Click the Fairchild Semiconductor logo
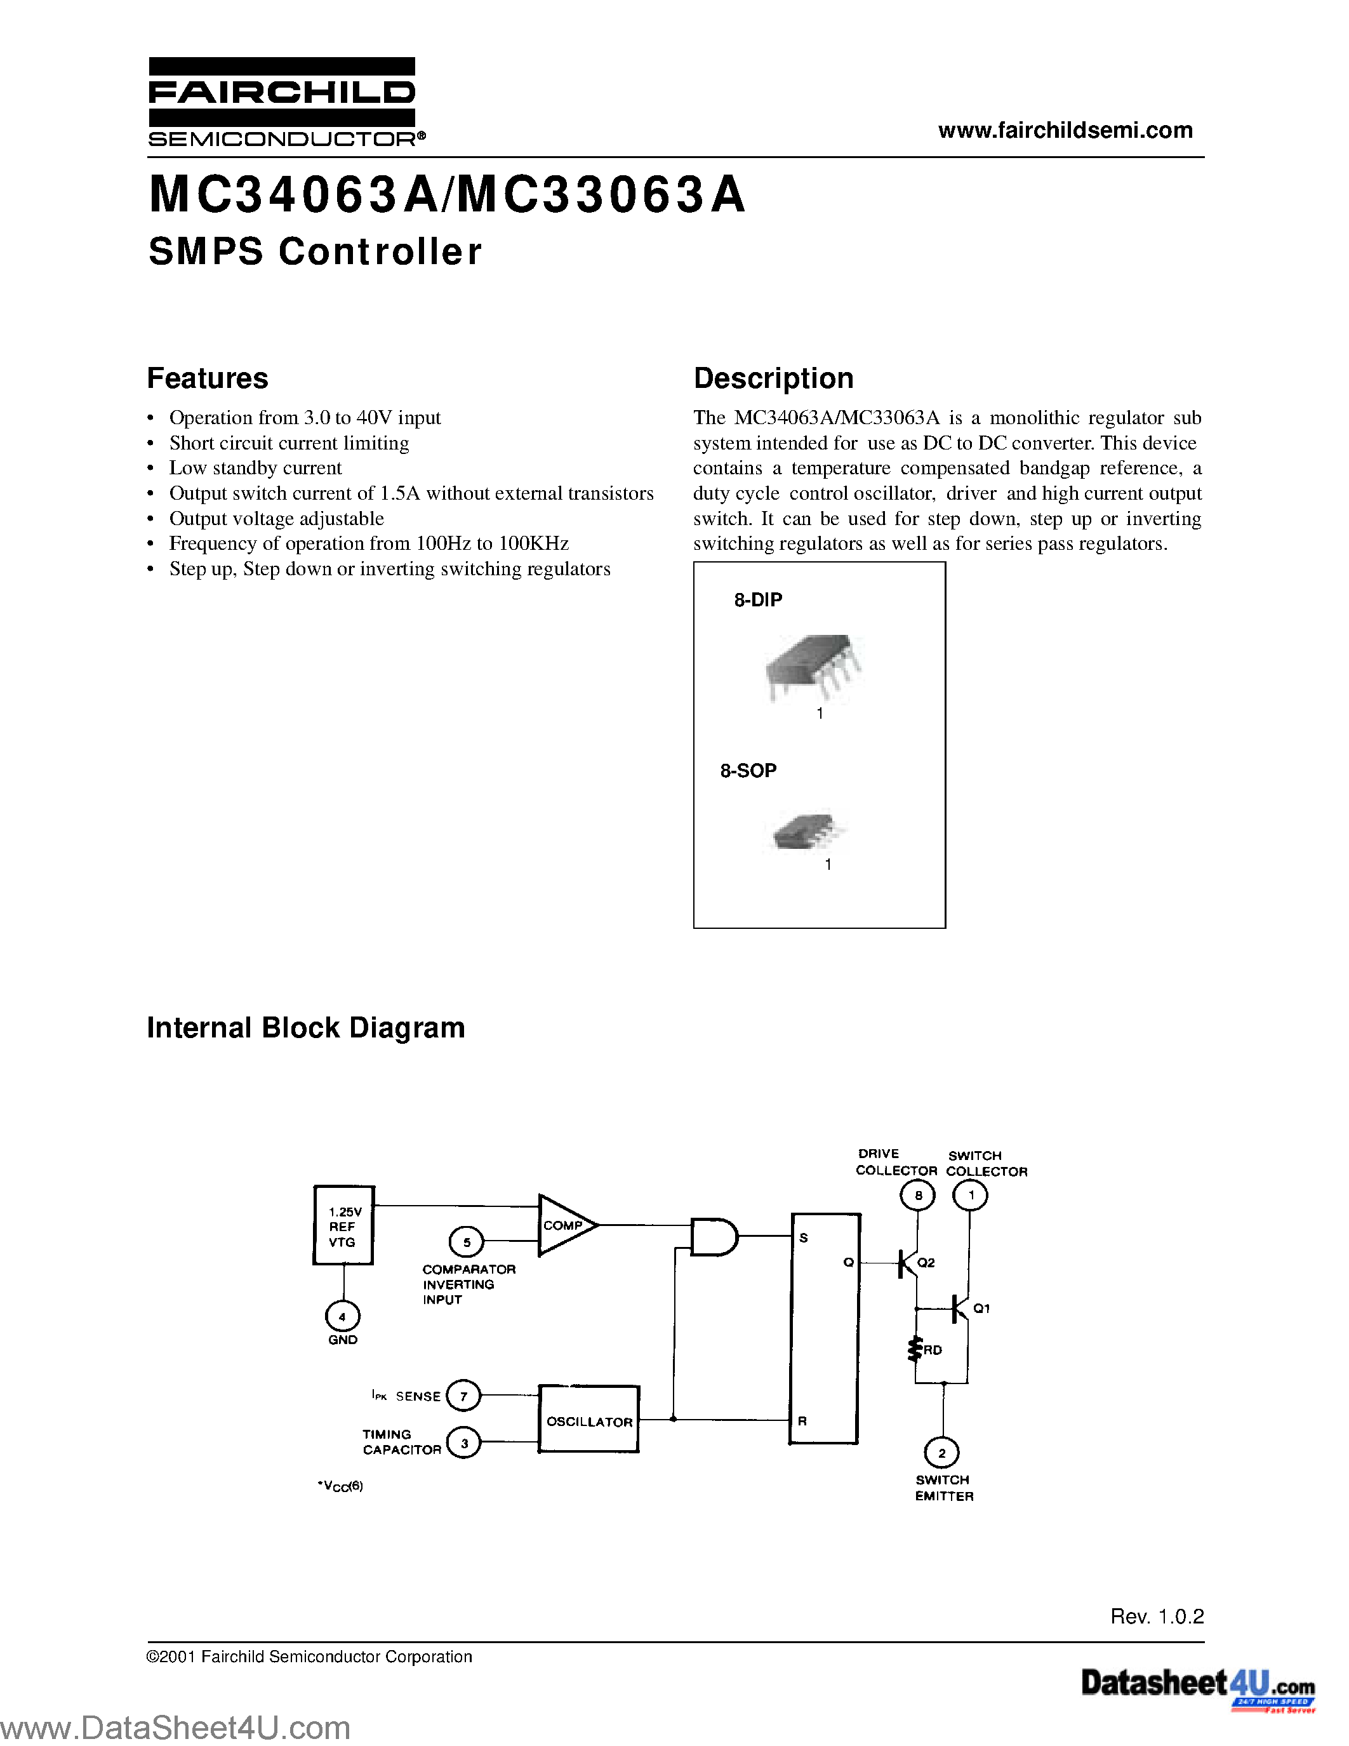(282, 102)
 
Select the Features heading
(208, 378)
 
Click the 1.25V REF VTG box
(343, 1225)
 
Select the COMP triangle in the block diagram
(566, 1225)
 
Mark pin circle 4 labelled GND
(343, 1317)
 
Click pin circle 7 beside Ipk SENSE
(463, 1396)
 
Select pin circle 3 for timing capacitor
(463, 1443)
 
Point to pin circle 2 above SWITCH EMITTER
(941, 1453)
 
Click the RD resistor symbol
(915, 1349)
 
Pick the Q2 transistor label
(926, 1262)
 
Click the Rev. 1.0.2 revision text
(1157, 1616)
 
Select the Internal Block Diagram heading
(305, 1027)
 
